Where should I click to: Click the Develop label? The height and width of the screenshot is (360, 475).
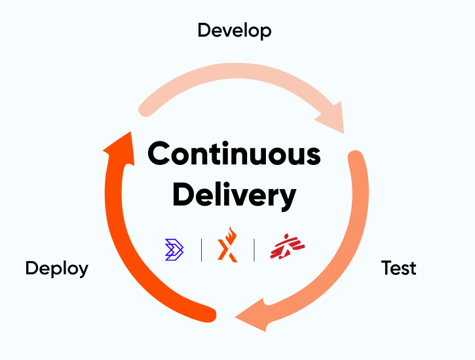click(x=235, y=30)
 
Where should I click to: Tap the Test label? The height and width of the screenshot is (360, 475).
click(x=399, y=268)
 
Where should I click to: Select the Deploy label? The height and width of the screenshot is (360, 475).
click(x=57, y=268)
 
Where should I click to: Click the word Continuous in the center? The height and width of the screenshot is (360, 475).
click(x=234, y=154)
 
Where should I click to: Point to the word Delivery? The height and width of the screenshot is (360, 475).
click(x=235, y=194)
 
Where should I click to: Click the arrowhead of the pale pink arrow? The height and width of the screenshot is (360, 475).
click(x=330, y=116)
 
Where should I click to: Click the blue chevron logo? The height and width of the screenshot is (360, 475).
click(x=175, y=249)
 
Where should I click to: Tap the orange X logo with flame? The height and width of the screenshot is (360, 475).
click(x=227, y=247)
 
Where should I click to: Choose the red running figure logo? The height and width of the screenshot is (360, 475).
click(x=288, y=247)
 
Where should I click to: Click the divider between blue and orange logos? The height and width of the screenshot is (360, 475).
click(x=201, y=249)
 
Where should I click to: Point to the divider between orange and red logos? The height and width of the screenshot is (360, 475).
click(x=254, y=249)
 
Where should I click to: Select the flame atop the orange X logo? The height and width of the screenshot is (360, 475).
click(x=229, y=234)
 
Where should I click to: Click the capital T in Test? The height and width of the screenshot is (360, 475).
click(x=386, y=268)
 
